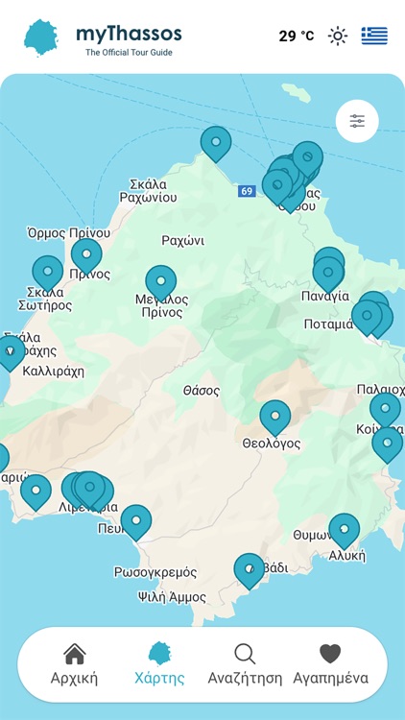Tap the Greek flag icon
[374, 36]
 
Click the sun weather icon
[338, 36]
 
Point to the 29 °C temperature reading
[296, 36]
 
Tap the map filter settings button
[357, 121]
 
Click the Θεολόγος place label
[272, 444]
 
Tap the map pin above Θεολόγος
[275, 418]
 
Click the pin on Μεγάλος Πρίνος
[160, 283]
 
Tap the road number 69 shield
[248, 191]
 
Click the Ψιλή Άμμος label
[172, 597]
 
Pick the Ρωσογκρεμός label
[155, 572]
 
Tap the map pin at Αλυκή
[344, 530]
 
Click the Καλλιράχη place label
[54, 371]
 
